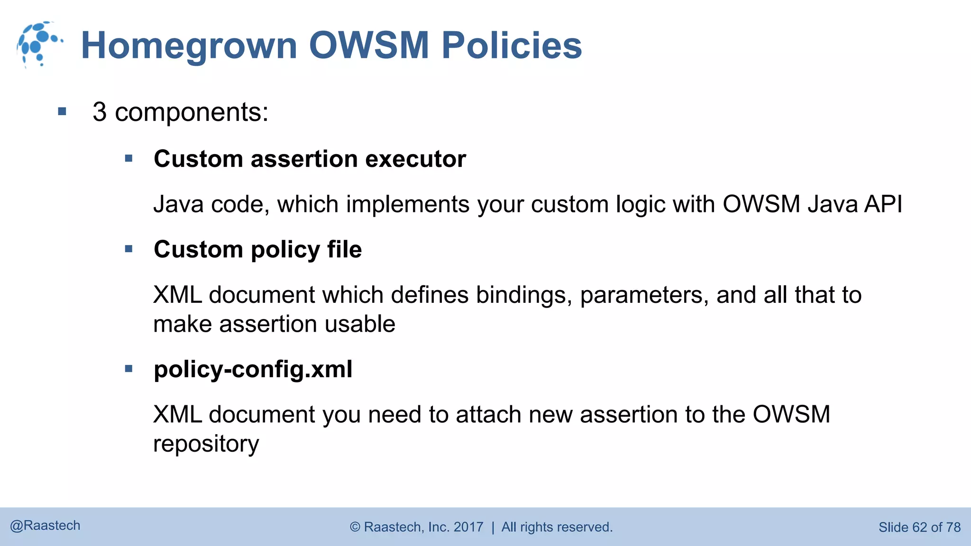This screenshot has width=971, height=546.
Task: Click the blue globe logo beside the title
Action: (x=39, y=44)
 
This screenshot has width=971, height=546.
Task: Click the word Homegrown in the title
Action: (x=189, y=46)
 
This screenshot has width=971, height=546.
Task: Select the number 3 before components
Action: (x=100, y=112)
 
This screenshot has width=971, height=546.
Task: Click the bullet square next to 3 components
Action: (x=62, y=112)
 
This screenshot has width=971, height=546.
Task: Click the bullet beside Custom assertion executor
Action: (x=128, y=158)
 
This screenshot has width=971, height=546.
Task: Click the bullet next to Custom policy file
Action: (x=128, y=249)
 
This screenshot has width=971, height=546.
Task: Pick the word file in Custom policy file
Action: (x=344, y=249)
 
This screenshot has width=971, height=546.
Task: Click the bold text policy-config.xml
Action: (x=253, y=369)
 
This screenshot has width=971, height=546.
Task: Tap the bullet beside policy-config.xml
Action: (x=128, y=368)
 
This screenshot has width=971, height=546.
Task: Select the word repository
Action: (x=206, y=445)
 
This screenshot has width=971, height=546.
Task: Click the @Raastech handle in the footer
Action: (x=45, y=526)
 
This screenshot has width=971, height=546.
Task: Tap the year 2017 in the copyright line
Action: (x=468, y=527)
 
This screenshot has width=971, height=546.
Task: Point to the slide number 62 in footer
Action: (x=919, y=527)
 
